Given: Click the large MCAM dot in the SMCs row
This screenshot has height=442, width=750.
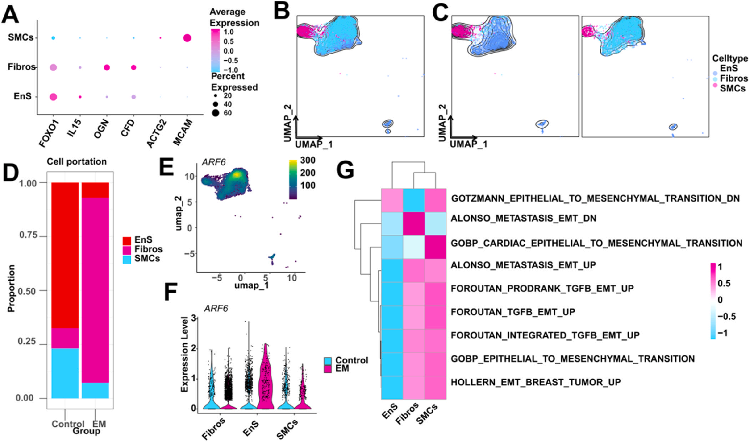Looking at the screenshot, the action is [x=187, y=38].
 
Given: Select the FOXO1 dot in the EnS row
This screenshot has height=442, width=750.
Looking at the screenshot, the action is [x=53, y=97].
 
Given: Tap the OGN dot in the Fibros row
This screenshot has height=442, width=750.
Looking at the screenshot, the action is [x=107, y=67].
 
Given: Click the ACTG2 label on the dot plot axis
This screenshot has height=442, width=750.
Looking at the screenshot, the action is [x=156, y=134].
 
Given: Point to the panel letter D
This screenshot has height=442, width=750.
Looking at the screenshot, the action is [x=11, y=173].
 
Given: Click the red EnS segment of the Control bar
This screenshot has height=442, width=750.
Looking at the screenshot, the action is [x=65, y=255].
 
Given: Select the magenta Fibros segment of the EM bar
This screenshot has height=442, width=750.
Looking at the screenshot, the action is [x=95, y=290].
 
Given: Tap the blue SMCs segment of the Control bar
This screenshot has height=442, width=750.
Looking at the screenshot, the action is [x=65, y=373].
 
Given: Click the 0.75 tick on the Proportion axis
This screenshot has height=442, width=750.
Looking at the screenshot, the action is [x=29, y=235].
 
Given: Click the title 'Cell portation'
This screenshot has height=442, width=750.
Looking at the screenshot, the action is [x=77, y=162].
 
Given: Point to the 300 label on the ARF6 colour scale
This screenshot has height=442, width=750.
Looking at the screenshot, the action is [x=308, y=160].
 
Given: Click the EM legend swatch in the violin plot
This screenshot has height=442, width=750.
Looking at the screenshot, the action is [x=328, y=368].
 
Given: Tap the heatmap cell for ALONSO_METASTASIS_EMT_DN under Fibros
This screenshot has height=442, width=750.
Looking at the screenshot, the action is [x=414, y=224].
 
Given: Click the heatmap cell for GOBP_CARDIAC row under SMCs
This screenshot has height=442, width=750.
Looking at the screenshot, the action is [x=435, y=247].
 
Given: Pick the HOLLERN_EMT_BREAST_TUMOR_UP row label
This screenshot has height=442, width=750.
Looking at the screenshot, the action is [x=536, y=382].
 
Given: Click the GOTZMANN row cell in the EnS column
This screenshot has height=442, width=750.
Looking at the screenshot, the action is [x=392, y=200].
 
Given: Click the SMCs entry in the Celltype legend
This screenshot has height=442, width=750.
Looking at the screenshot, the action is [x=732, y=88].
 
